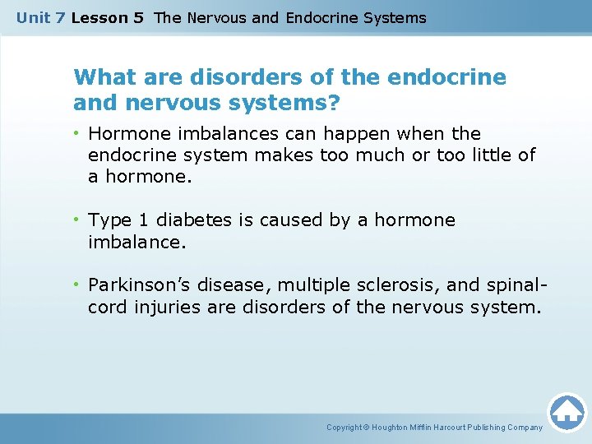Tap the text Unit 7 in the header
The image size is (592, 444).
tap(41, 17)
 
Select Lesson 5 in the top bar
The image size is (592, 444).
tap(107, 17)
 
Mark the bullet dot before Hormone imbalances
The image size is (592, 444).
tap(79, 133)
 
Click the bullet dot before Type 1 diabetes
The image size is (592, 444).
tap(79, 220)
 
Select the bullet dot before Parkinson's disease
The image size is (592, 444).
tap(79, 285)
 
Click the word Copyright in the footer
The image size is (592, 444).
tap(345, 428)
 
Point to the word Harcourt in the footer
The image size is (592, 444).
tap(454, 428)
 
